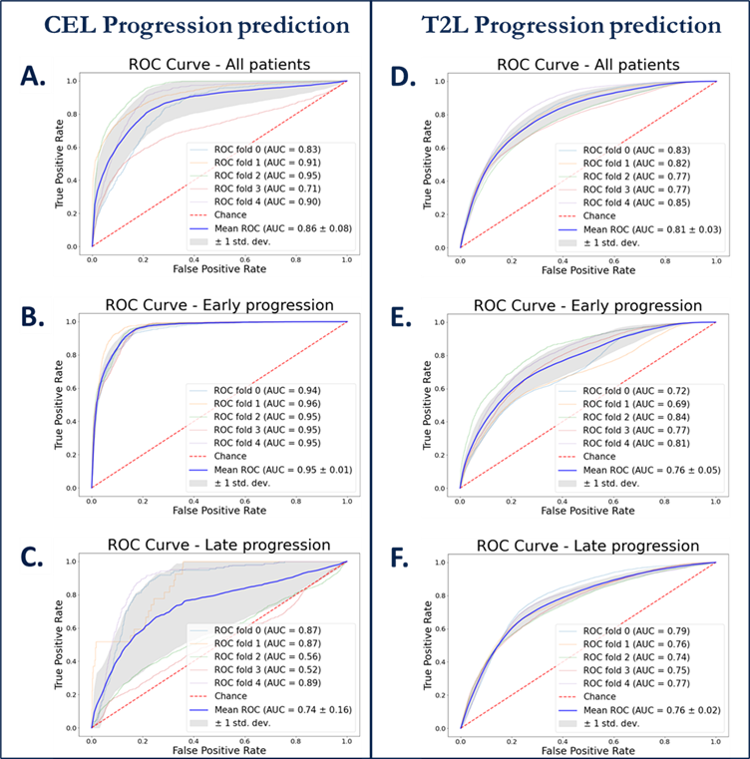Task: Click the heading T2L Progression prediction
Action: coord(559,23)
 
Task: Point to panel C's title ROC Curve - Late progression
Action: coord(218,545)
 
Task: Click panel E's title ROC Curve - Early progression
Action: coord(587,305)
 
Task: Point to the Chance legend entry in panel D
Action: coord(598,215)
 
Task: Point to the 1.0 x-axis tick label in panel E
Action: coord(715,498)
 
